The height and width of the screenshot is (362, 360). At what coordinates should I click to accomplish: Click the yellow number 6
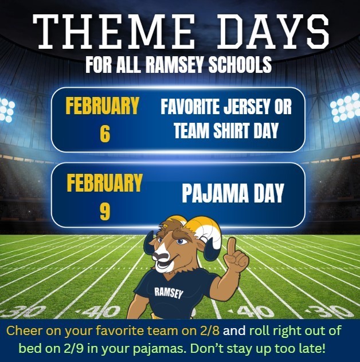point(104,134)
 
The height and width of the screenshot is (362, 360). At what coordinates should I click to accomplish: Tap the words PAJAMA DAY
point(233,193)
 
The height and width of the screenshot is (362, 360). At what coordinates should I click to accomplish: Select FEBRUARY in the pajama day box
point(104,183)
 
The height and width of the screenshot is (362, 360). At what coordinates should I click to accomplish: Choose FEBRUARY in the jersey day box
point(103,106)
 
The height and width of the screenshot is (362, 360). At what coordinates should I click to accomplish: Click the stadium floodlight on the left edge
point(6,109)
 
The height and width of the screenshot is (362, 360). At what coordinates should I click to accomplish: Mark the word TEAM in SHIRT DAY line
point(192,131)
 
